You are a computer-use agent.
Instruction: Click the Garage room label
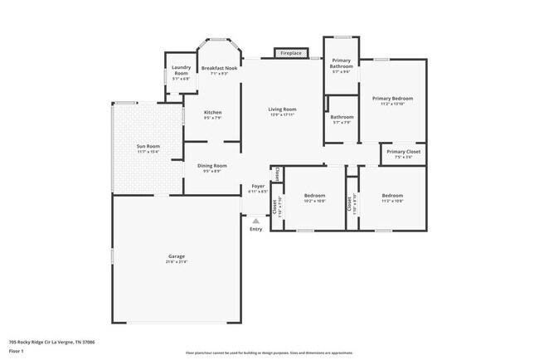coord(175,257)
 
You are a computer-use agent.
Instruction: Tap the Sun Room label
coord(148,147)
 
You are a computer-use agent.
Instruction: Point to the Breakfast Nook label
coord(220,68)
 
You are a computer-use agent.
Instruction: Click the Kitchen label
coord(212,112)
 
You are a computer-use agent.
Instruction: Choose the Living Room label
coord(282,109)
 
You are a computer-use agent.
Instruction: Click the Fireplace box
coord(290,53)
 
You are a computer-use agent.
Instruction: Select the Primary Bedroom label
coord(392,98)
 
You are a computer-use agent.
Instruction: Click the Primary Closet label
coord(403,152)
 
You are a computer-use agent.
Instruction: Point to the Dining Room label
coord(211,165)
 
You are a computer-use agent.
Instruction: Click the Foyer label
coord(258,187)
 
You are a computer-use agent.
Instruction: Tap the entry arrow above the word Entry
coord(255,221)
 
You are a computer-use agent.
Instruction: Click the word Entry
coord(255,229)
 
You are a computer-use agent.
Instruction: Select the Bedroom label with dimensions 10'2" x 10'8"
coord(314,196)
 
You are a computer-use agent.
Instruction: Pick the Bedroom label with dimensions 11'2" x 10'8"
coord(392,196)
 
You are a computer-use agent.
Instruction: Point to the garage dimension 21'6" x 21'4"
coord(175,262)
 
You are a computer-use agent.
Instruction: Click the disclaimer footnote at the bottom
coord(269,352)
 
